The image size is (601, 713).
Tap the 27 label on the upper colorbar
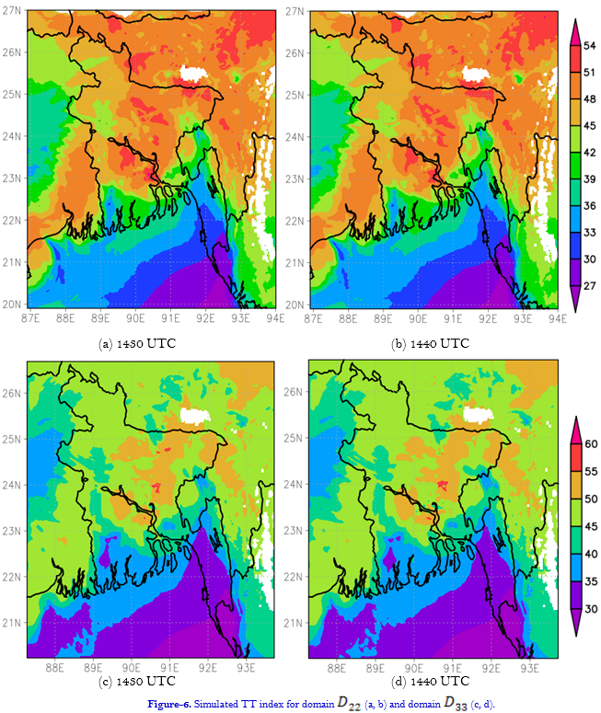(591, 286)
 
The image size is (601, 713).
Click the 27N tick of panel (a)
(12, 10)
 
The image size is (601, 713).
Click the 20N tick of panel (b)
(295, 305)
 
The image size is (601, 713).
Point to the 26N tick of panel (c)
(12, 392)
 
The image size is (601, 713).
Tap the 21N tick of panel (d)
(295, 623)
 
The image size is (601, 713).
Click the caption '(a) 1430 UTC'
(137, 343)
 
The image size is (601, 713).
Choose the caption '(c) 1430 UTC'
(137, 682)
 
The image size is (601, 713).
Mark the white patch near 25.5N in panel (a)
(194, 75)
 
